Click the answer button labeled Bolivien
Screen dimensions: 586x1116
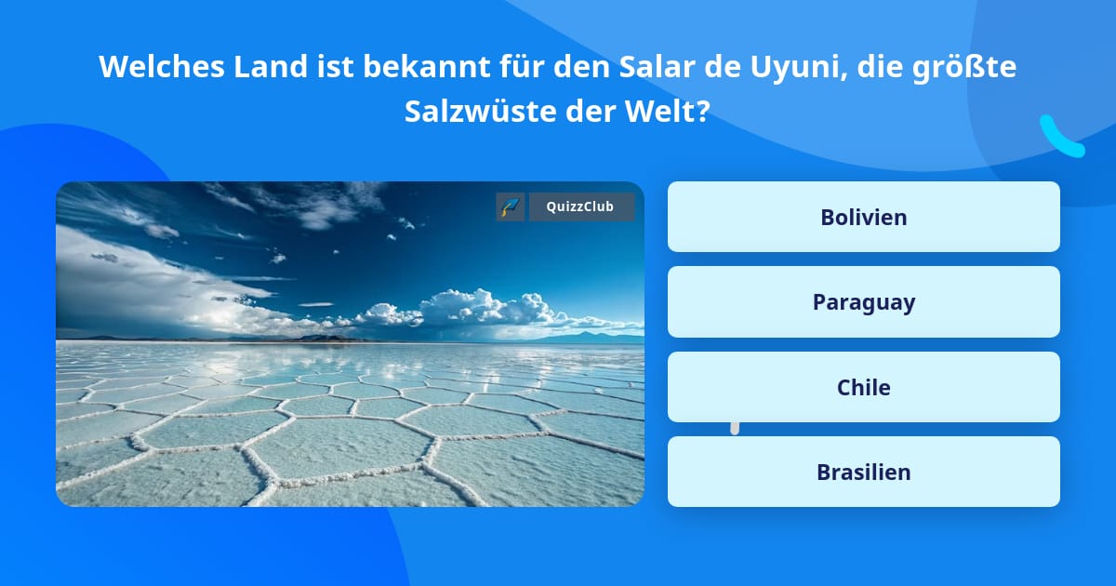point(863,217)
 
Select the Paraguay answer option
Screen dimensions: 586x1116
point(863,302)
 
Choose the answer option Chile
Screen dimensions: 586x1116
point(863,387)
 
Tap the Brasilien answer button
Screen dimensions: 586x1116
point(863,472)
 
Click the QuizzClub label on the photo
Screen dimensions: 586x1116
point(581,207)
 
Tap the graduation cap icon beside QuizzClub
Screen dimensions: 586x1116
point(511,207)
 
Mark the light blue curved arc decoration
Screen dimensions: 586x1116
point(1060,138)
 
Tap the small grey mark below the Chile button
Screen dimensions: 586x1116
point(735,428)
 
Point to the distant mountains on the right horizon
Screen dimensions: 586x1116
point(595,337)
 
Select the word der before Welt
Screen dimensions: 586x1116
point(599,113)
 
